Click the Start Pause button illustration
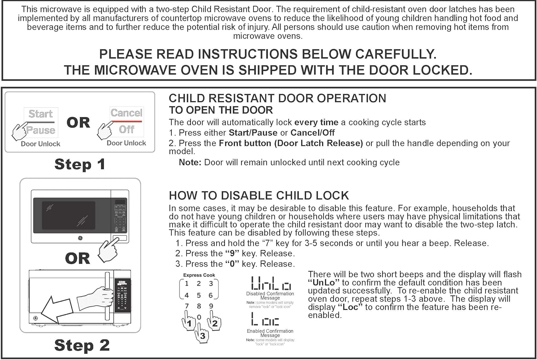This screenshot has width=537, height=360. tap(41, 122)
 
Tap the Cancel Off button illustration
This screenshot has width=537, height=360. tap(126, 121)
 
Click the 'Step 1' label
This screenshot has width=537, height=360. tap(79, 164)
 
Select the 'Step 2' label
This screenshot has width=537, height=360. tap(82, 345)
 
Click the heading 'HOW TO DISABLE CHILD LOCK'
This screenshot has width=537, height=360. tap(258, 196)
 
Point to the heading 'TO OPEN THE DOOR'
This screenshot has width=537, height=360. tap(221, 110)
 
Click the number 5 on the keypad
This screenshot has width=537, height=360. tap(199, 296)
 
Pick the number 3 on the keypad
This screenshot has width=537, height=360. tap(211, 284)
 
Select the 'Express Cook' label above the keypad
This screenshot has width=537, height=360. tap(199, 275)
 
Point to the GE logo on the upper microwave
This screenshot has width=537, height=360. tap(80, 238)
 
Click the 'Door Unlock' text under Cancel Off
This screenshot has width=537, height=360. tap(126, 143)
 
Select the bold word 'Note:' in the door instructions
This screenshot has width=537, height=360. tap(190, 162)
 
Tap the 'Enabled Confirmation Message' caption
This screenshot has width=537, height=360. tap(270, 333)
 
